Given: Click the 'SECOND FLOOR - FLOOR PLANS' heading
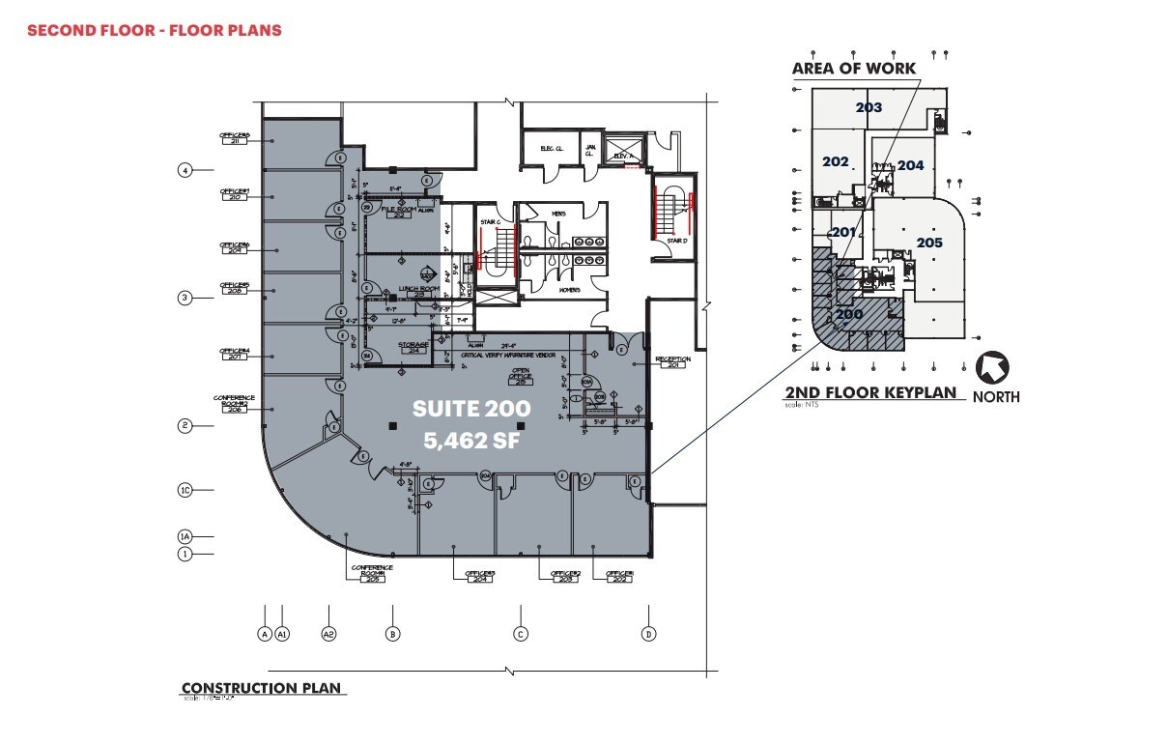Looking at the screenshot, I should coord(155,30).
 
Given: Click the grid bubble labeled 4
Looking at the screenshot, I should coord(185,171).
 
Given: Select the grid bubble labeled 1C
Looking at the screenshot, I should coord(185,490).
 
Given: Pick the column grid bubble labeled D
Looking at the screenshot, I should coord(648,634).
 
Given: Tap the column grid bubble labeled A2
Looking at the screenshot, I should coord(328,634).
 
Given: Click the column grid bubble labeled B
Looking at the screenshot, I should coord(392,634).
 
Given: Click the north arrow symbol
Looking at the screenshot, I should coord(993,368).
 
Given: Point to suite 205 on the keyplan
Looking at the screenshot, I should coord(929,243).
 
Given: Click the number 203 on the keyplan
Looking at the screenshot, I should coord(869,107).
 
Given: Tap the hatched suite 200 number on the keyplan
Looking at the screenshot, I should coord(849,314).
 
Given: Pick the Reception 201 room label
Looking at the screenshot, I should coord(673,362).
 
